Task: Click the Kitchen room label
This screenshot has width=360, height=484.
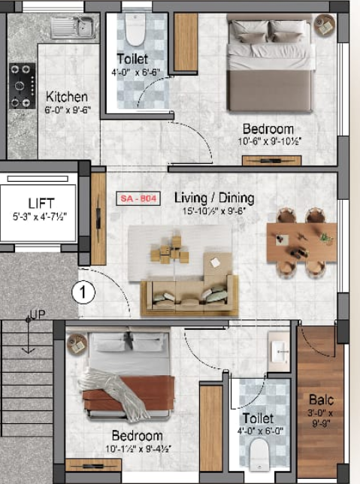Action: [67, 97]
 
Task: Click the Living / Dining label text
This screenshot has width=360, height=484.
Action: [214, 198]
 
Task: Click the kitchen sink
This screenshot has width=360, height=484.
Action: [73, 29]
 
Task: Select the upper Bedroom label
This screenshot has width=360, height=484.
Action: [268, 129]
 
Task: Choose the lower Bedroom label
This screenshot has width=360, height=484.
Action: [137, 436]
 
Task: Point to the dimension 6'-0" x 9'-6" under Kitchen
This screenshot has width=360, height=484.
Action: [67, 110]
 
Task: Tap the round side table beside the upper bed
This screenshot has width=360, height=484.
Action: [325, 25]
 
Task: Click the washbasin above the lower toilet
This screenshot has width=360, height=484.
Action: [279, 350]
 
